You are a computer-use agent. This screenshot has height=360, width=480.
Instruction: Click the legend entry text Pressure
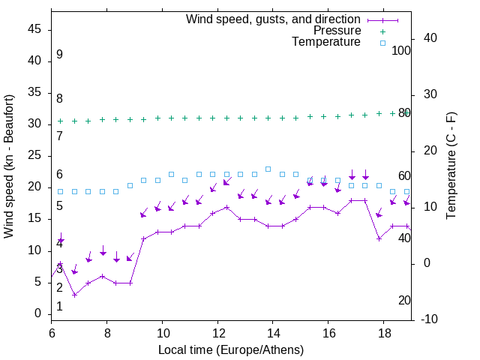point(337,31)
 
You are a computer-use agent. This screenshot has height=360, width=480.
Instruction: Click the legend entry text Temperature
point(326,42)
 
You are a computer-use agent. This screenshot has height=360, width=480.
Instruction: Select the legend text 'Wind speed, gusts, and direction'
point(273,19)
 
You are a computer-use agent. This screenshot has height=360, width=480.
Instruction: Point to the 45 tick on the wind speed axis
point(35,29)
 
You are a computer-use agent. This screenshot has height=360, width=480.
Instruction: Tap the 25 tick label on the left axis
point(35,155)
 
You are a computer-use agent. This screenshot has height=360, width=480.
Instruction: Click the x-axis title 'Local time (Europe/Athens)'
point(231,349)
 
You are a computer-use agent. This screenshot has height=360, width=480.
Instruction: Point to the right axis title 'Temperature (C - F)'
point(451,166)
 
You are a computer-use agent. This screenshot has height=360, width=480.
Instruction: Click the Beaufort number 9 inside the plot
point(59,55)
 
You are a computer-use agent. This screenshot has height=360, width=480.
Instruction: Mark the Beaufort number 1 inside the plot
point(59,306)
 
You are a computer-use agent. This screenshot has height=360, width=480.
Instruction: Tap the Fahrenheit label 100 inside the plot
point(402,50)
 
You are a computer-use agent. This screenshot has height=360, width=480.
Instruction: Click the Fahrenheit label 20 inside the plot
point(404,300)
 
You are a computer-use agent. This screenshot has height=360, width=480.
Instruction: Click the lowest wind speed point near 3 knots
point(74,295)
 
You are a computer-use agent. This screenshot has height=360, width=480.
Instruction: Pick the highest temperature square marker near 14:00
point(268,169)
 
